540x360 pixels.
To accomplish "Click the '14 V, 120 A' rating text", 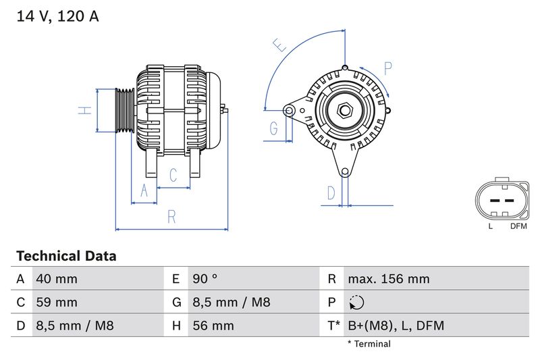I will click(57, 17).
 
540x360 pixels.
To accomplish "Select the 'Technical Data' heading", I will click(66, 256).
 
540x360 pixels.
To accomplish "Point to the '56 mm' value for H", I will click(213, 326).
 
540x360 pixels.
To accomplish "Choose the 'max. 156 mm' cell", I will click(388, 279).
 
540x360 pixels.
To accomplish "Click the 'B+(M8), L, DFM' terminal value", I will click(396, 326).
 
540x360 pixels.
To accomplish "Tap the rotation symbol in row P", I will click(358, 303).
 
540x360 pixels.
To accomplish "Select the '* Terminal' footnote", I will click(369, 344).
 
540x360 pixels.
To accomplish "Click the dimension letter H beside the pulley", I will click(84, 110).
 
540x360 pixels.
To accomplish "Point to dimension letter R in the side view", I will click(172, 217).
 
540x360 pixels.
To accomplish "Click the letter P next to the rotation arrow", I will click(387, 68).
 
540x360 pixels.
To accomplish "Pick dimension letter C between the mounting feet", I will click(173, 176).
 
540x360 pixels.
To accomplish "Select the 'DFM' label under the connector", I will click(518, 226).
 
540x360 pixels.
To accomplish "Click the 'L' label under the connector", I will click(491, 226).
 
